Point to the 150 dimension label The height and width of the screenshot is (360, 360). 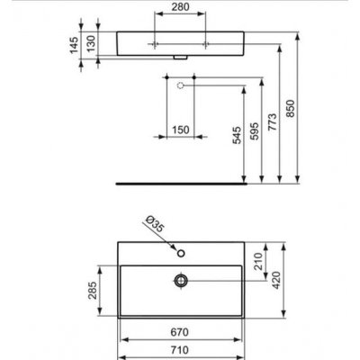click(x=180, y=130)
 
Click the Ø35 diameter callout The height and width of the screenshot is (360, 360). click(x=152, y=223)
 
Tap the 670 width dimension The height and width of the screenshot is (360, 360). click(x=180, y=331)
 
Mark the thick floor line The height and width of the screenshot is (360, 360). click(x=180, y=178)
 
